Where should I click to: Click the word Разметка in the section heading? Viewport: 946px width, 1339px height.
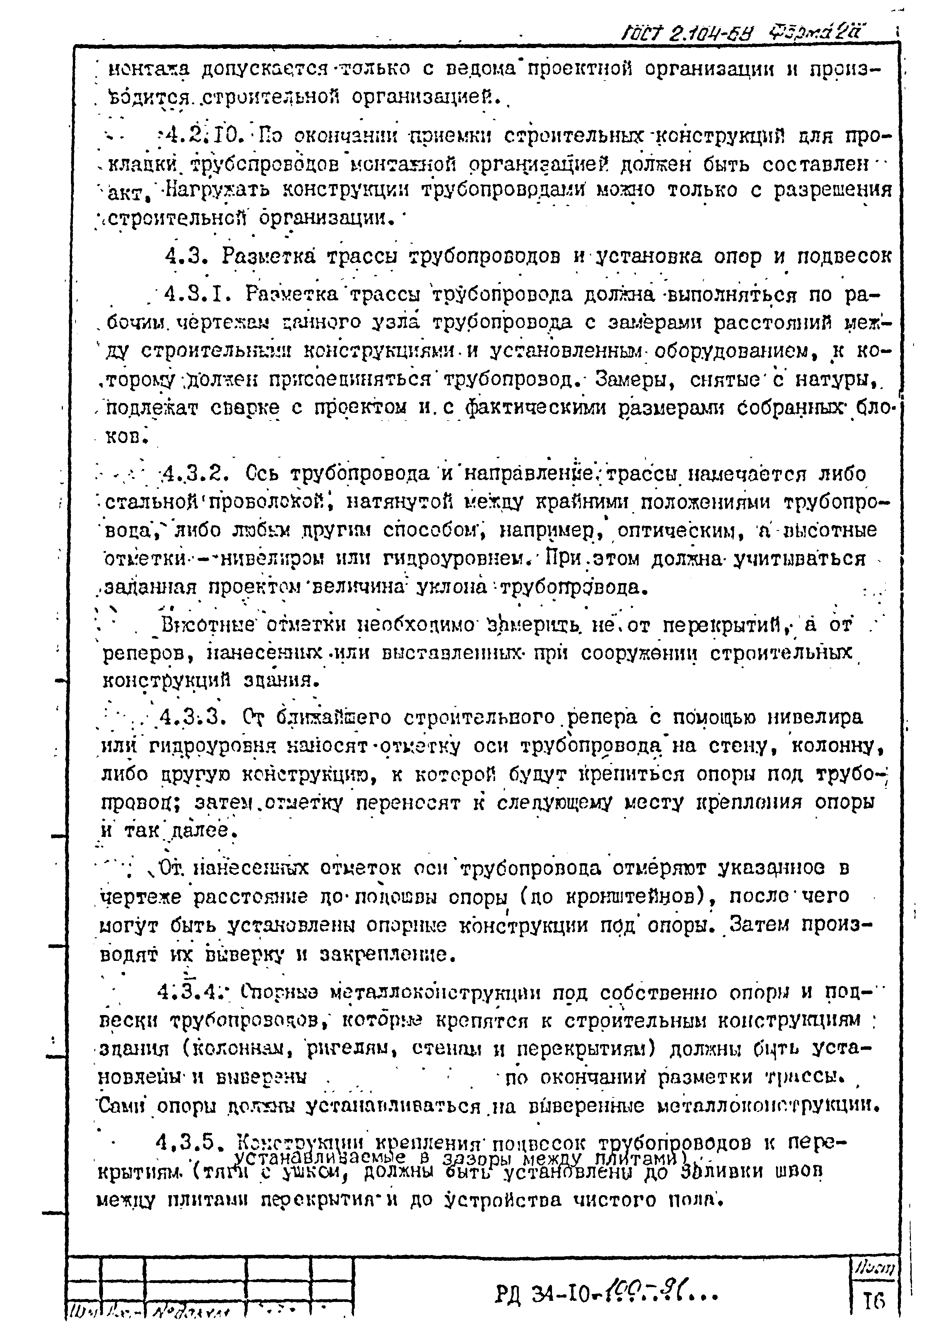coord(269,256)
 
